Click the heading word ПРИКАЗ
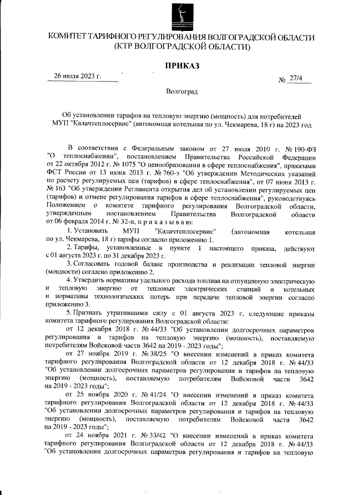click(182, 66)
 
